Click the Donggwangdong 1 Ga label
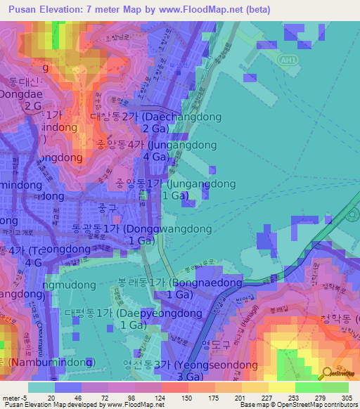[x=141, y=235]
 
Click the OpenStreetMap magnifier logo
[x=328, y=373]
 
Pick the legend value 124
[x=169, y=396]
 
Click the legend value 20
[x=51, y=396]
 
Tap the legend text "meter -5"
[x=13, y=396]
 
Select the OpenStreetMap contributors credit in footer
[x=309, y=405]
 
